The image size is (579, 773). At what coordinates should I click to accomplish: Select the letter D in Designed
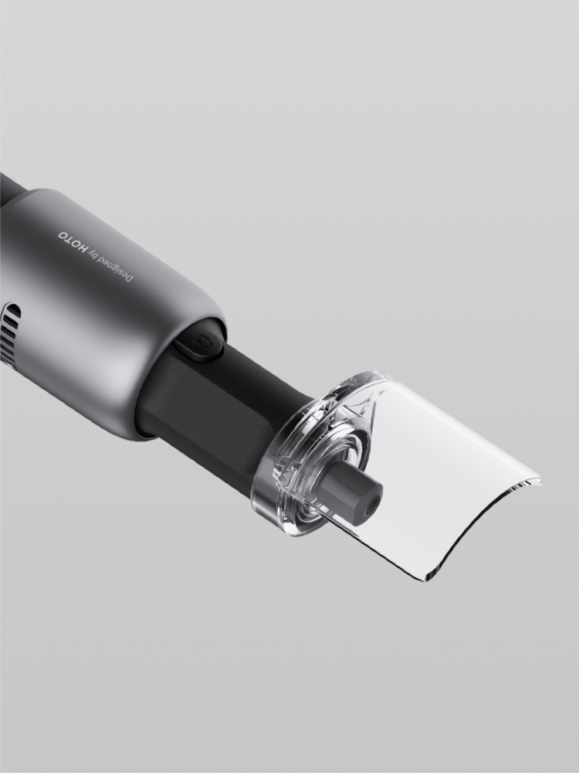(129, 278)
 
